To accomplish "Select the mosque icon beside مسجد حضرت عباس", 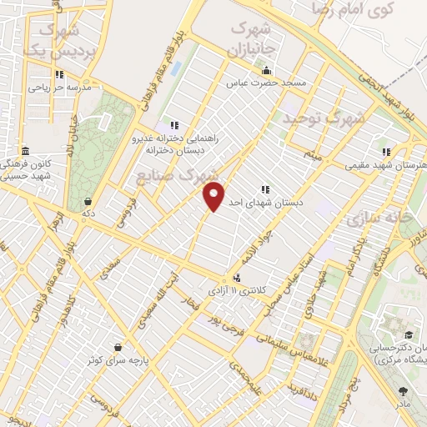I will point(265,69).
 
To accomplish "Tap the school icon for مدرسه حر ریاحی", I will point(59,73).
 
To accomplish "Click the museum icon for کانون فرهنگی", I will point(26,152).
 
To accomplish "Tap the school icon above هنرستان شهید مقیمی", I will point(385,152).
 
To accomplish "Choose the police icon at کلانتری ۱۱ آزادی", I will point(239,277).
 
